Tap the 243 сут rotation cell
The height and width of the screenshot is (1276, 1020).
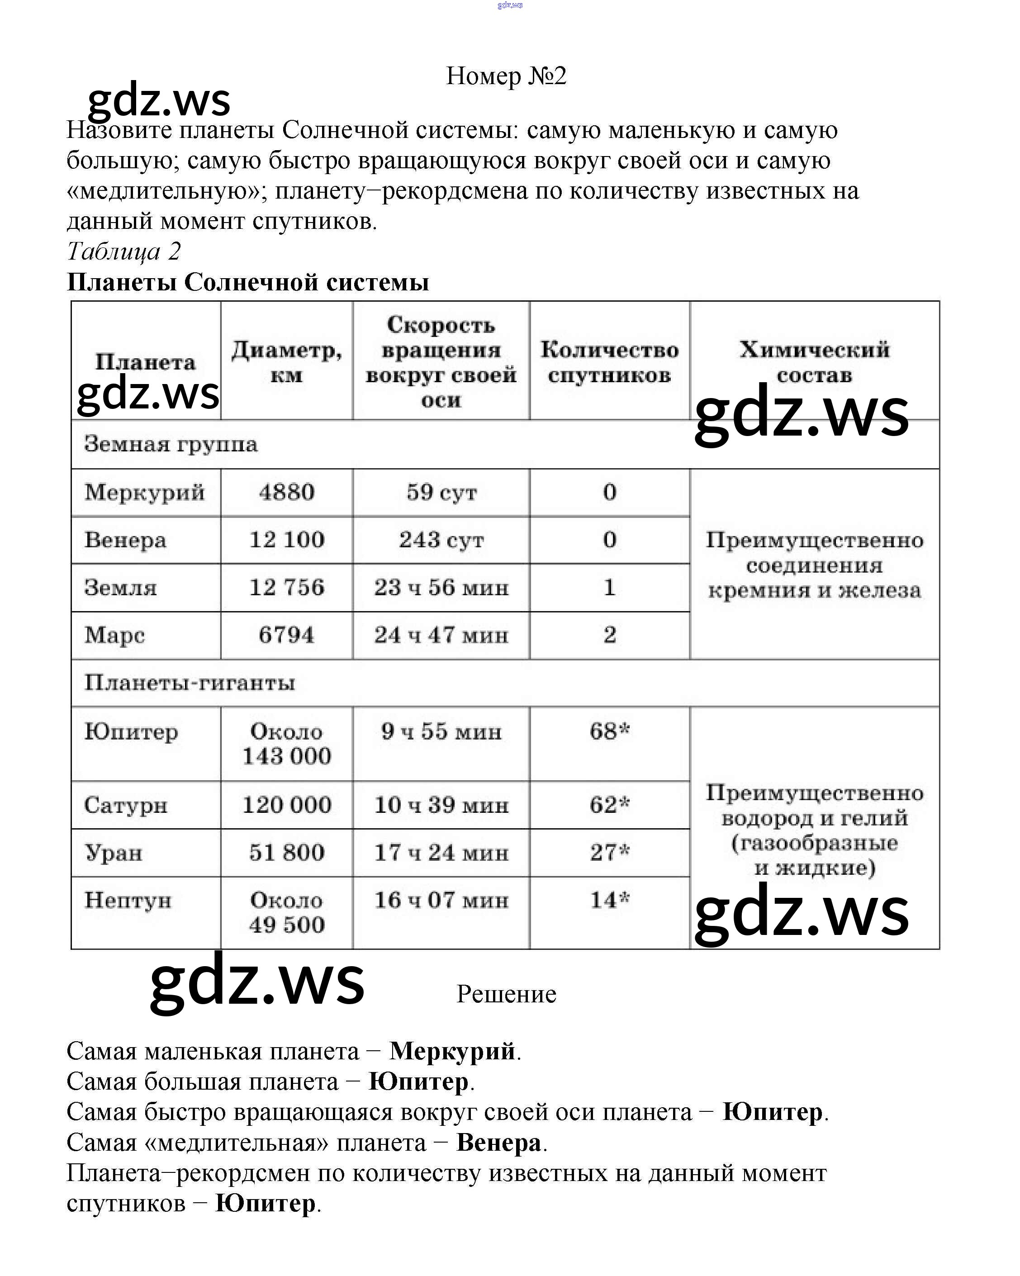(x=441, y=540)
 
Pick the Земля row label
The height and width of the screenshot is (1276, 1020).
(x=121, y=588)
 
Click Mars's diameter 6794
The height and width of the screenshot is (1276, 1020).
(x=286, y=635)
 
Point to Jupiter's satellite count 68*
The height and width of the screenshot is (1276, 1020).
(x=609, y=731)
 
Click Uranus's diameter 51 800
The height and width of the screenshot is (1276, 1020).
(x=286, y=853)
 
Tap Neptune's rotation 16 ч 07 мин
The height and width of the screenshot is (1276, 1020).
(x=441, y=900)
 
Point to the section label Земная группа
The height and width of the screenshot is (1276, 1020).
(x=171, y=444)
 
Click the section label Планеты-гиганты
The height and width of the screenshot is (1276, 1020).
(x=190, y=683)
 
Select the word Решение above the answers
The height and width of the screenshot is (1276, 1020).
(x=506, y=995)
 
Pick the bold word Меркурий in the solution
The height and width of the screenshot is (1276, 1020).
(x=452, y=1052)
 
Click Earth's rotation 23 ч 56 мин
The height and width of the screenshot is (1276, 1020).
(x=441, y=588)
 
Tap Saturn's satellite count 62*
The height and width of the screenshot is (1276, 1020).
(x=609, y=805)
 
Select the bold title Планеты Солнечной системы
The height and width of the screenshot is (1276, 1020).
(x=247, y=282)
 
